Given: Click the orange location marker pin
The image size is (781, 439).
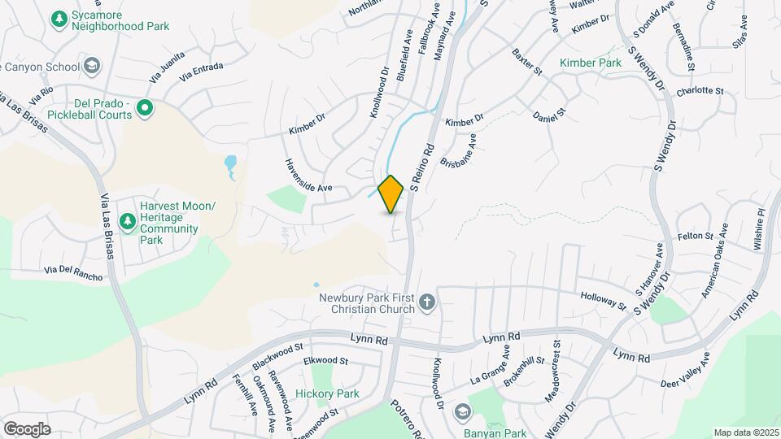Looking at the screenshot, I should (x=391, y=194).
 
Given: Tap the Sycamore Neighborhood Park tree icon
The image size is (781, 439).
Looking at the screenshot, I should (x=59, y=18).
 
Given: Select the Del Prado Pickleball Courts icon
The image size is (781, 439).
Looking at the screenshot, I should (x=145, y=107).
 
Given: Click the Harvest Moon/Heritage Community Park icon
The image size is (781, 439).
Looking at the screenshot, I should (x=127, y=220).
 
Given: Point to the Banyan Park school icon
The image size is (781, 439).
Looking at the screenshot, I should (x=462, y=411).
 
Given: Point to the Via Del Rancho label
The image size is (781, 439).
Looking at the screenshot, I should (x=73, y=273).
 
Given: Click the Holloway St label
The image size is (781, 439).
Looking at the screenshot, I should (x=603, y=301).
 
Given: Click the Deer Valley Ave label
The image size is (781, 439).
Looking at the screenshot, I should (x=685, y=370).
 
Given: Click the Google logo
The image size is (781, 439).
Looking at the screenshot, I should (x=27, y=428).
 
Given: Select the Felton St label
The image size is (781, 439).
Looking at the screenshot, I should (x=695, y=236).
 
